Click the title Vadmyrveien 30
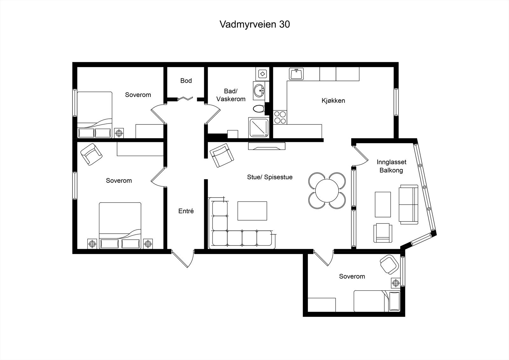coord(254,25)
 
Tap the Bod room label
coord(186,81)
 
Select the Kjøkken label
coord(333,101)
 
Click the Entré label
coord(186,211)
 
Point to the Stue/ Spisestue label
coord(270,177)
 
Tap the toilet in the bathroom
coord(259,109)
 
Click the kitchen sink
coord(296,74)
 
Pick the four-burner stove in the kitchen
coord(280,117)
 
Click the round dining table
coord(327,191)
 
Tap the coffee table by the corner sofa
coord(252,211)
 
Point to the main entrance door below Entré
coord(183,258)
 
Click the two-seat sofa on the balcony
coord(408,204)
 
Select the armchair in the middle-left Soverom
coord(92,154)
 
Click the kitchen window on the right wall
coord(396,102)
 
